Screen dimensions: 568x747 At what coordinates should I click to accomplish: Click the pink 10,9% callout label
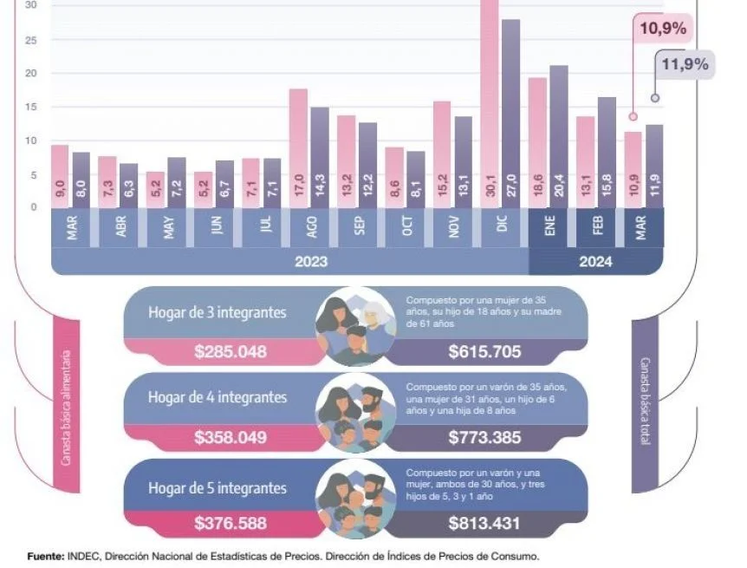tap(663, 29)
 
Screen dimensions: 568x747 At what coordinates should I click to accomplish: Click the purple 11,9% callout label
tap(685, 65)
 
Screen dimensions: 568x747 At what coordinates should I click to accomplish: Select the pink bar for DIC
tap(489, 104)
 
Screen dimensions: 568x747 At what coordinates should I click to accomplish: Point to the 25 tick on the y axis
tap(30, 41)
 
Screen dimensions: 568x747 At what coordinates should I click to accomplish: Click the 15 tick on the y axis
tap(30, 108)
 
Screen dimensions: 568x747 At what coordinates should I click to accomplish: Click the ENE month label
tap(550, 228)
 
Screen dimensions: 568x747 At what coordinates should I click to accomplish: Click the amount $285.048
tap(230, 352)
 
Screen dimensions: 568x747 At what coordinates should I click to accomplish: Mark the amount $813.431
tap(484, 523)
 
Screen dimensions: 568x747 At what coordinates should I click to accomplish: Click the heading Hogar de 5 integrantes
tap(217, 488)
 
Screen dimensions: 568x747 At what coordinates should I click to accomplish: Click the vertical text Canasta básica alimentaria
tap(66, 408)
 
